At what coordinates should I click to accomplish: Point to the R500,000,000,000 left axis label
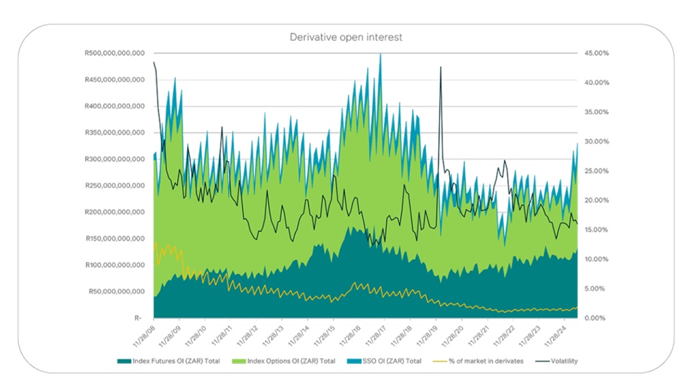click(114, 53)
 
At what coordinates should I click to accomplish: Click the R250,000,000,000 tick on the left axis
click(114, 185)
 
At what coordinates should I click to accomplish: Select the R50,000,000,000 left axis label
click(116, 291)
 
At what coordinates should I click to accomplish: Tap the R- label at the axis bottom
click(138, 318)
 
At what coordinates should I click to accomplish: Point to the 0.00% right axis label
click(598, 318)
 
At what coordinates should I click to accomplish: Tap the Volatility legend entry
click(563, 361)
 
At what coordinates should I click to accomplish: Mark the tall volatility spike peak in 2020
click(441, 67)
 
